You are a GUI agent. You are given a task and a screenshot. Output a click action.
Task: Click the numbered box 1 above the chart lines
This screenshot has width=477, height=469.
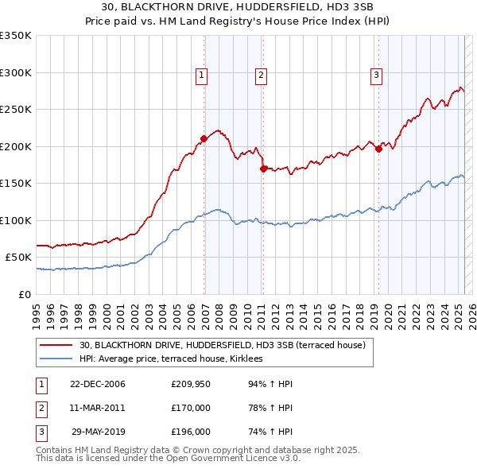tap(202, 76)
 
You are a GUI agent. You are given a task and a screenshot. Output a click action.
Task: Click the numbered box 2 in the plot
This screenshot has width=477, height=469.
tap(261, 76)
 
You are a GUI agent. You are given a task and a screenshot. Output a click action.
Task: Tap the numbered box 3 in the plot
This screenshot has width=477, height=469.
tap(376, 76)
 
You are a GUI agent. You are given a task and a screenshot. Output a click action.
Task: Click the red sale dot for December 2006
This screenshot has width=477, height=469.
tap(204, 138)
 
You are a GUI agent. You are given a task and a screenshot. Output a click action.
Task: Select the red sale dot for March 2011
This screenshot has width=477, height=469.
tap(263, 168)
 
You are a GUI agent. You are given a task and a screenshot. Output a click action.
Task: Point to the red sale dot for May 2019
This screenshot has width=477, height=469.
tap(378, 149)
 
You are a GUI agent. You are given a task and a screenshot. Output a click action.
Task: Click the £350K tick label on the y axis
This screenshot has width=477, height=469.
tap(16, 36)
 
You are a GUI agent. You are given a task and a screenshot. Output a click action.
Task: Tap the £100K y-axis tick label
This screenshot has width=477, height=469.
tap(16, 220)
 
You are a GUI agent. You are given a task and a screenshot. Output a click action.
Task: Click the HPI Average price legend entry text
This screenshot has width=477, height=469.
tap(176, 359)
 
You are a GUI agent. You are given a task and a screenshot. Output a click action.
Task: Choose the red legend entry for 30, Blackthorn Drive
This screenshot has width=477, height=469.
tap(222, 345)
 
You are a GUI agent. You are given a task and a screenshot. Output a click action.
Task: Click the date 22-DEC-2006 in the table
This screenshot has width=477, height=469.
tap(98, 384)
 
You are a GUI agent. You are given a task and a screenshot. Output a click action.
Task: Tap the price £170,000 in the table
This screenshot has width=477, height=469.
tap(191, 408)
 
